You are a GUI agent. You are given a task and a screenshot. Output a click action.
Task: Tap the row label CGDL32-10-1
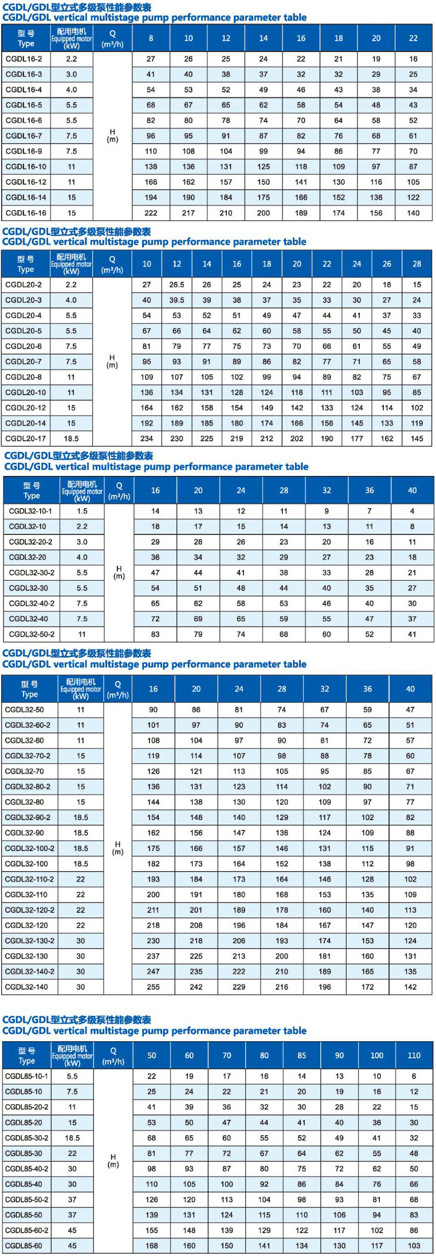[x=30, y=511]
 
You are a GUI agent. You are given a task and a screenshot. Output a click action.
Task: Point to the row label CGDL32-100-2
[x=30, y=848]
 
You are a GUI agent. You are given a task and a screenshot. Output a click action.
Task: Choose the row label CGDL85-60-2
[x=27, y=1230]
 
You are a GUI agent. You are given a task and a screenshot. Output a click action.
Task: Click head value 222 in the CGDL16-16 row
[x=151, y=213]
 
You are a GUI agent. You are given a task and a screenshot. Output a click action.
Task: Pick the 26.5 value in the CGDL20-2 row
[x=176, y=285]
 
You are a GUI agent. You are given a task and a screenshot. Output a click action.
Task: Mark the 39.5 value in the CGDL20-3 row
[x=176, y=300]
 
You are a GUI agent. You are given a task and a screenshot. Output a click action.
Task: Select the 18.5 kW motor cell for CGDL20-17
[x=71, y=439]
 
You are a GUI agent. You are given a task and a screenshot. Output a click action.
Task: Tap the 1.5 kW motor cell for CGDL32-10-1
[x=82, y=511]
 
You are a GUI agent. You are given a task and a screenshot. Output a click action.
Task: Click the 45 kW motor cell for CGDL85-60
[x=72, y=1245]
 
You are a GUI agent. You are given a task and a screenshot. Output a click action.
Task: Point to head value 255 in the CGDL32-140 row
[x=153, y=987]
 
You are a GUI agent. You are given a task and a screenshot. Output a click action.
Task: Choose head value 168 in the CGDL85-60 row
[x=151, y=1245]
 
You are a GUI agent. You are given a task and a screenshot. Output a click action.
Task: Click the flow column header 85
[x=301, y=1055]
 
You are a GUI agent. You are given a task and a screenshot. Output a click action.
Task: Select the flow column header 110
[x=414, y=1055]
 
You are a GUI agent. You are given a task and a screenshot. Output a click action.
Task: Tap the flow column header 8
[x=151, y=38]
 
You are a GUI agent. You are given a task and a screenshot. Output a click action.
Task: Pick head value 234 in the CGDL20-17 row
[x=147, y=439]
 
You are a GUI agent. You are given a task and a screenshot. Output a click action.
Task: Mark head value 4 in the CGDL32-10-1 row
[x=412, y=511]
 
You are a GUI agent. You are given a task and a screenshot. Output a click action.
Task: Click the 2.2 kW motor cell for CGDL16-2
[x=71, y=59]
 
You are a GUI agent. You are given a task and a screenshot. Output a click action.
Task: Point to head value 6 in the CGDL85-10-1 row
[x=414, y=1076]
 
